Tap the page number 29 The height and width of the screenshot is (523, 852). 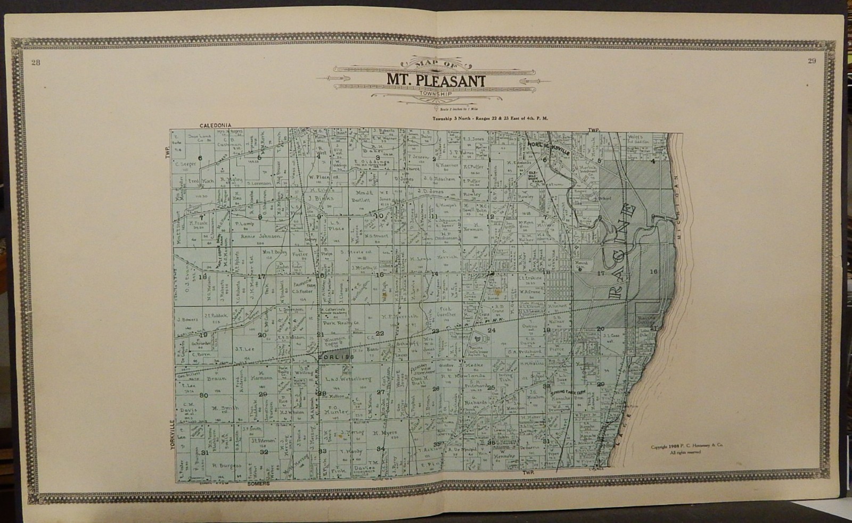812,61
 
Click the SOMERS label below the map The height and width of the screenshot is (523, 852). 259,484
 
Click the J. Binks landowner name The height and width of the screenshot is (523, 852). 321,198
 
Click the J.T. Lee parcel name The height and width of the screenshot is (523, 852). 241,349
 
